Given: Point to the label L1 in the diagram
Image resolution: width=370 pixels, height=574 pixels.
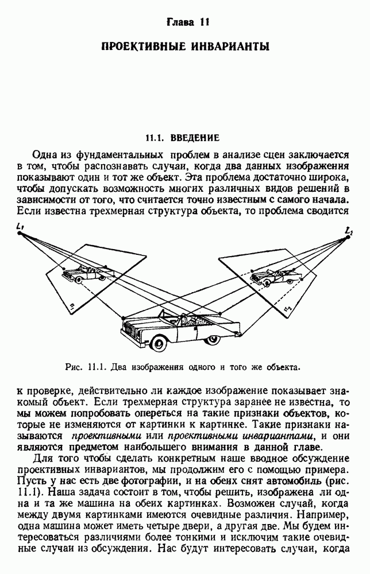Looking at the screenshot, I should click(x=20, y=228).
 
